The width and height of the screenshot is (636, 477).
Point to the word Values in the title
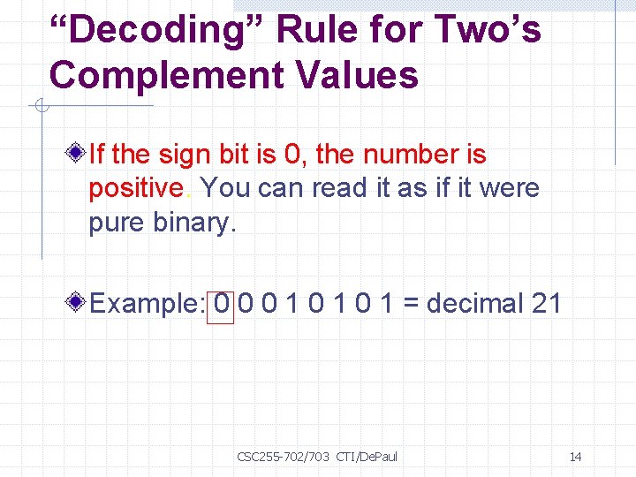367,76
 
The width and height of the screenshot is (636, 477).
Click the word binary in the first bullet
194,223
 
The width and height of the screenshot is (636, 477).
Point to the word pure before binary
117,223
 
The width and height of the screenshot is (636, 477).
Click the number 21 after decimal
547,304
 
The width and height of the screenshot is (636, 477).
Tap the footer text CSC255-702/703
283,457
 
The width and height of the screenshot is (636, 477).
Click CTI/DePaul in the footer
367,457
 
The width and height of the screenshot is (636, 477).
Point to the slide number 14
575,457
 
